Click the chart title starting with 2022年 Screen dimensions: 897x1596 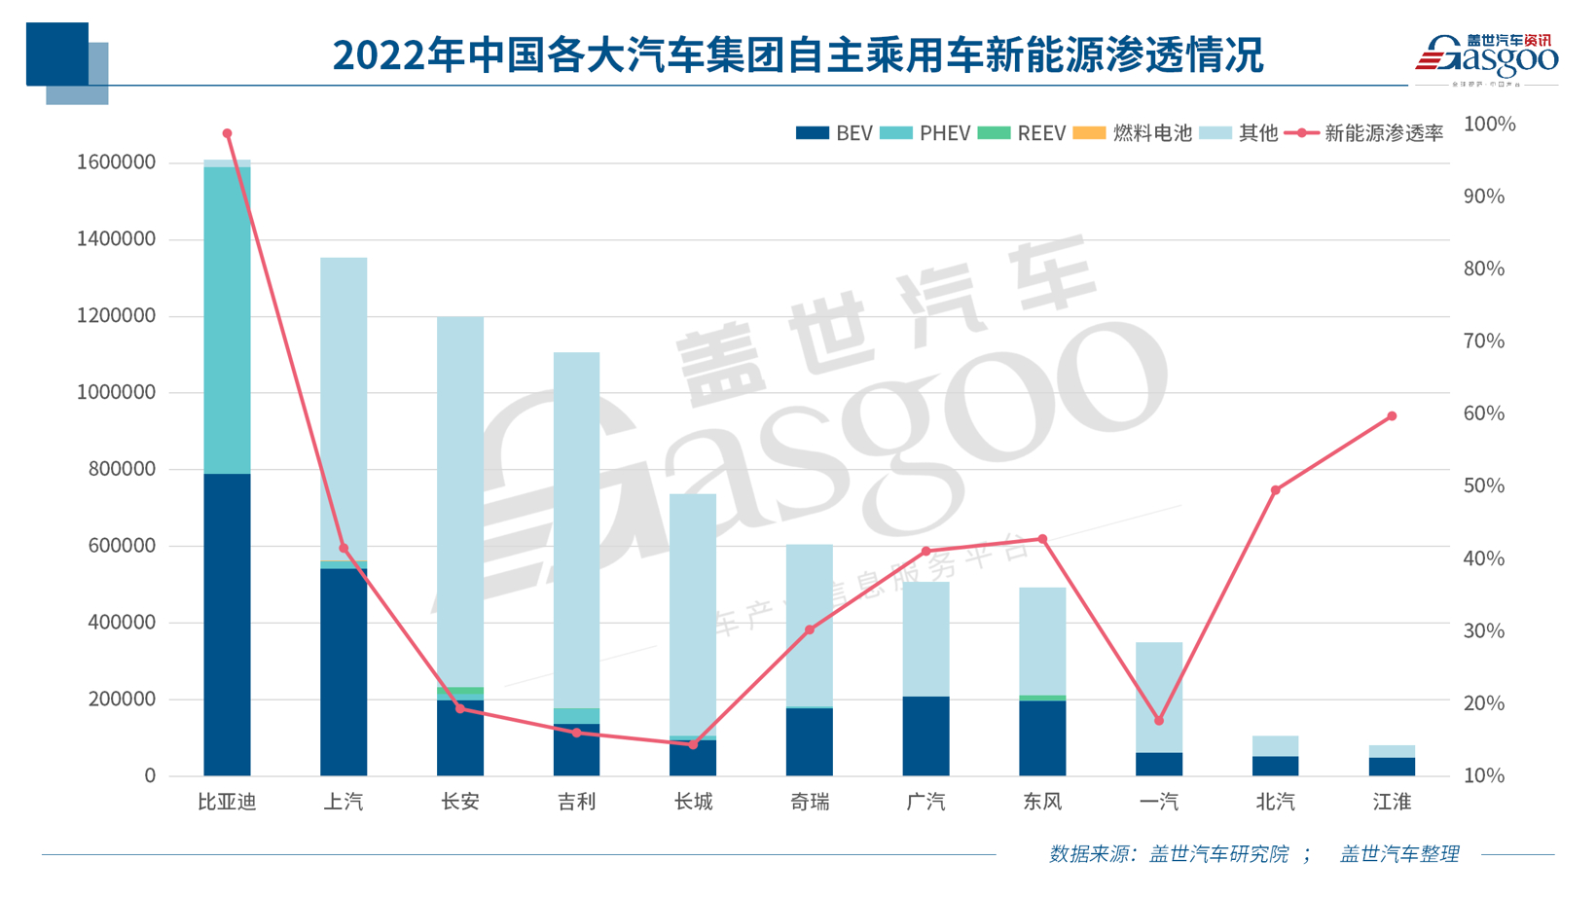[x=797, y=55]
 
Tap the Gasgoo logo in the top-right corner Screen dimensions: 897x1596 [x=1486, y=57]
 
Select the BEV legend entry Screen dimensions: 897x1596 [x=834, y=133]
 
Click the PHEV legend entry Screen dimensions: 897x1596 [x=925, y=133]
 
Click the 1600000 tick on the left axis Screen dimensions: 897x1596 [x=116, y=162]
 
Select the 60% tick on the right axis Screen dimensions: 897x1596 [x=1484, y=413]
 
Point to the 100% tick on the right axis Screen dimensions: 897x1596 [x=1489, y=124]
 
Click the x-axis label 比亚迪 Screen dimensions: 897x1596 [x=227, y=802]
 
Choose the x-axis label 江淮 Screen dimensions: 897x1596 [x=1392, y=802]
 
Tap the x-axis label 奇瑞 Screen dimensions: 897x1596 [x=810, y=802]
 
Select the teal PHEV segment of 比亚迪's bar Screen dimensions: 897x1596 [x=227, y=321]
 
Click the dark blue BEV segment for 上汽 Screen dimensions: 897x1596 [x=344, y=671]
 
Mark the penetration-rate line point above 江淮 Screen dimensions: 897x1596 [x=1392, y=416]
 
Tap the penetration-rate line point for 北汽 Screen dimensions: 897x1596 [x=1276, y=490]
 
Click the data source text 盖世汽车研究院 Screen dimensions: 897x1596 [x=1218, y=854]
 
